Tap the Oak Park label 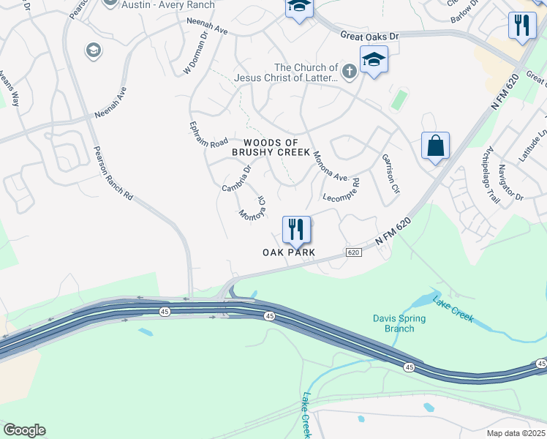289,252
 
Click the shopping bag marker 435,145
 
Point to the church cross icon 350,72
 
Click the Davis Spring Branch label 393,323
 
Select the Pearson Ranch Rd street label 113,174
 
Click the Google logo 24,430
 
